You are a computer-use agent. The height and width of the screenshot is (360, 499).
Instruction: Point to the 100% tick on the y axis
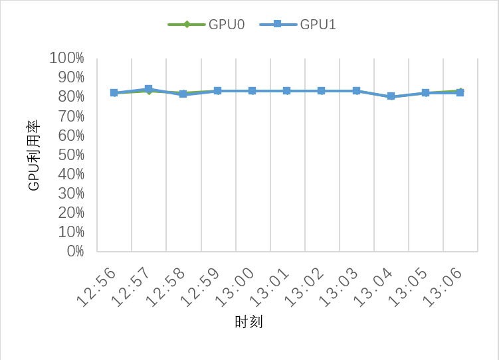[x=66, y=58]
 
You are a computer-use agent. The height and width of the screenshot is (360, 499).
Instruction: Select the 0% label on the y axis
[x=74, y=251]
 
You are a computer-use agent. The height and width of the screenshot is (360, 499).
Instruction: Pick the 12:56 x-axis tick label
[x=97, y=287]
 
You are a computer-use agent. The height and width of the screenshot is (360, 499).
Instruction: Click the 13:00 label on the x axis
[x=235, y=287]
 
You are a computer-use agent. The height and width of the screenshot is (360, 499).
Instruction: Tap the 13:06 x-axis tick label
[x=443, y=287]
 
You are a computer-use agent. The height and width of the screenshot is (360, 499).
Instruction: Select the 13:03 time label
[x=340, y=287]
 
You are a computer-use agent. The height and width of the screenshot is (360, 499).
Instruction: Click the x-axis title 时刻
[x=249, y=322]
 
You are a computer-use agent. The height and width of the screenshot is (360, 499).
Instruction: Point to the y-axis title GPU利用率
[x=34, y=155]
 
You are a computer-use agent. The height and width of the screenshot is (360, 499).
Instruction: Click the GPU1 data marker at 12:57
[x=149, y=89]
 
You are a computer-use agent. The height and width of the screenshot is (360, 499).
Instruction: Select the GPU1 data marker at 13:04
[x=391, y=96]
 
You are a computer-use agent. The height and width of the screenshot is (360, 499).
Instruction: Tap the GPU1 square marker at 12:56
[x=114, y=93]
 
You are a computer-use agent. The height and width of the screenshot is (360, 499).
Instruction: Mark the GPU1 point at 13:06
[x=460, y=93]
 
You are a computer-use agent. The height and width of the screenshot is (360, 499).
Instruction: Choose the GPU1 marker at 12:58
[x=183, y=94]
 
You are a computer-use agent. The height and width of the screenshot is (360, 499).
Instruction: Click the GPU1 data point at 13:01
[x=287, y=91]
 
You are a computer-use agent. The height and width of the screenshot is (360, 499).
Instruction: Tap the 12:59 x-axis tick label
[x=201, y=287]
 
